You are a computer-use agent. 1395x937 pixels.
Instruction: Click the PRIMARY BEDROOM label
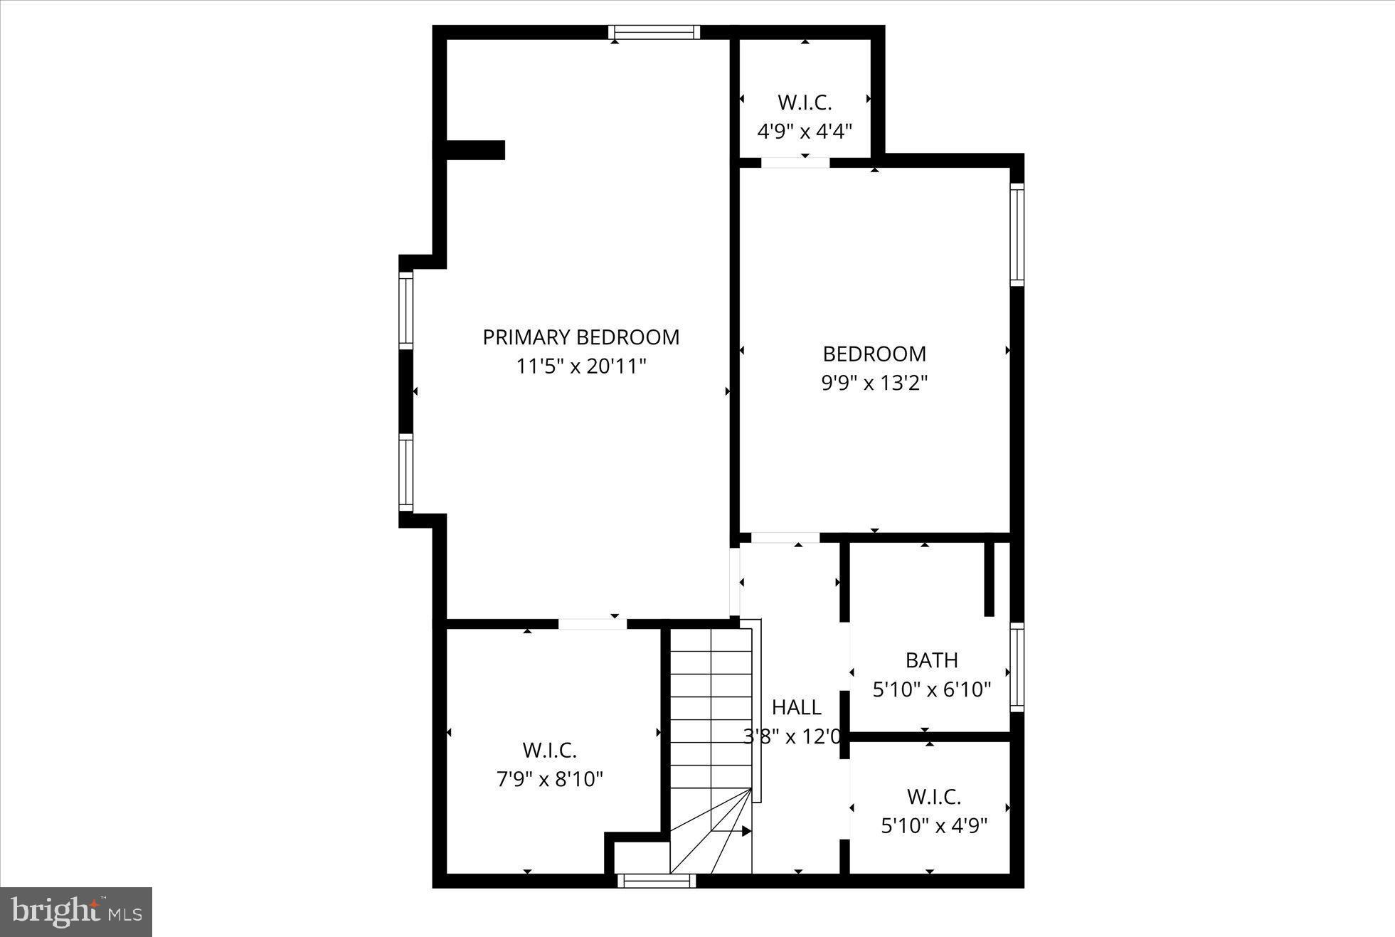(580, 337)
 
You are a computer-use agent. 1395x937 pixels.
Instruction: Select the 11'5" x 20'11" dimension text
(580, 367)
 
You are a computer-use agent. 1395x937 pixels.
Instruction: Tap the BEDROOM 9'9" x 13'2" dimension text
(874, 383)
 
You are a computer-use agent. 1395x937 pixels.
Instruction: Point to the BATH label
(931, 660)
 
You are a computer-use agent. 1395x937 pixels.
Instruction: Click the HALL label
(796, 707)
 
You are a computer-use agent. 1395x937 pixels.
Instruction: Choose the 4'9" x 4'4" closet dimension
(805, 132)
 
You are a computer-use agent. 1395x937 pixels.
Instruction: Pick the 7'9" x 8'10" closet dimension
(549, 780)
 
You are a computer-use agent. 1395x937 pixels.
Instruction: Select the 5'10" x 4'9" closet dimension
(934, 826)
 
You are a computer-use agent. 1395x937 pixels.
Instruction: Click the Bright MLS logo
(76, 911)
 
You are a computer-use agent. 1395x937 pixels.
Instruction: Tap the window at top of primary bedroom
(654, 32)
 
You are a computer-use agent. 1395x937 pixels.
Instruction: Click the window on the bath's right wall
(1017, 667)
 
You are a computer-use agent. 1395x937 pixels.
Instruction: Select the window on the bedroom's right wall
(1017, 235)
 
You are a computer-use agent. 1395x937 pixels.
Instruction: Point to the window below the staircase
(656, 881)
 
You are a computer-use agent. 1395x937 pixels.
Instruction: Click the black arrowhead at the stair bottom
(746, 831)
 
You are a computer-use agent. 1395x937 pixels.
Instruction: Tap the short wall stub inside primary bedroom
(474, 150)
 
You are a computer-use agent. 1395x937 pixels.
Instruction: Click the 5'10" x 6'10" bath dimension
(931, 689)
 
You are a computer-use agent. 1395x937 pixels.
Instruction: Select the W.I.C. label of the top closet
(805, 102)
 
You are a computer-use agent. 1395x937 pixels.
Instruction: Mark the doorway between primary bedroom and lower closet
(592, 624)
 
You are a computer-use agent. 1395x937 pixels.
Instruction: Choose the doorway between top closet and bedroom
(795, 162)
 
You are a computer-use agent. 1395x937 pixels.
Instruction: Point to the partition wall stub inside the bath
(989, 578)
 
